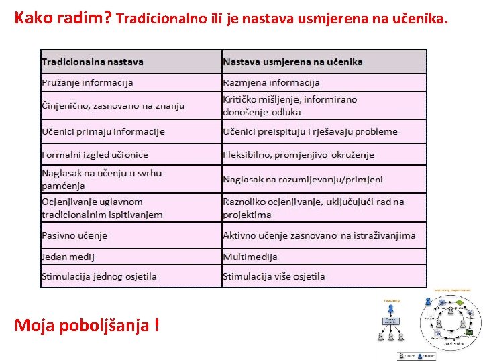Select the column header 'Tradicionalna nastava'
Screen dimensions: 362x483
93,62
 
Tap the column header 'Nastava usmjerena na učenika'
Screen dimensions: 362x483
292,62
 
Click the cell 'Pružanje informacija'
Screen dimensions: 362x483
87,82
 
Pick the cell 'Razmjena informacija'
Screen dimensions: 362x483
271,82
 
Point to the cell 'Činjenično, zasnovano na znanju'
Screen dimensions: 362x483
113,105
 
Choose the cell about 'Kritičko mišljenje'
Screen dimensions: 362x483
290,105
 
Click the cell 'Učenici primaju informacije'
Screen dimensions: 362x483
103,131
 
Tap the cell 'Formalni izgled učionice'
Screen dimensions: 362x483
95,154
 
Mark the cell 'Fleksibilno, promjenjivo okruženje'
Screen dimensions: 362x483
299,154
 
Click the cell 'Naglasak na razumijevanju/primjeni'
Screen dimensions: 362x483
303,179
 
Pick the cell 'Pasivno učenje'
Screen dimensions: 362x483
74,235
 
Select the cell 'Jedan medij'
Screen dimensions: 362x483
68,257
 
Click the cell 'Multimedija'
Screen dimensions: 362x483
250,257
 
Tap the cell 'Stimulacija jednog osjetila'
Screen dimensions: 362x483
99,276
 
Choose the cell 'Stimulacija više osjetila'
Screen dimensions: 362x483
274,276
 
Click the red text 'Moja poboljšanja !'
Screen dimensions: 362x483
87,326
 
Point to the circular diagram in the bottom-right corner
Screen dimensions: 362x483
450,321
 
